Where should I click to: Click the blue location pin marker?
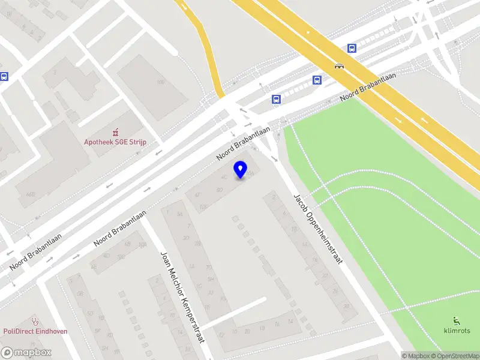241,170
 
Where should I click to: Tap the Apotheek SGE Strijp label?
115,142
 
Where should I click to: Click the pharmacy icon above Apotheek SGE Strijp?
115,132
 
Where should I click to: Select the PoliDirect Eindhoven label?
35,331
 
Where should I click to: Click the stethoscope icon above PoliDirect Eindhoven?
35,320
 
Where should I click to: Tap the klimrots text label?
457,331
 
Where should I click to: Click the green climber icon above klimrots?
457,320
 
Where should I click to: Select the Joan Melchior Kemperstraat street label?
182,296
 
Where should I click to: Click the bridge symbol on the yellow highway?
339,67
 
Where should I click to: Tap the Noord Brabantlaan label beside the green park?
364,91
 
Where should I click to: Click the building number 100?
160,82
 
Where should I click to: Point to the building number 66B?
30,194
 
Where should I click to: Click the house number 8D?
219,190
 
